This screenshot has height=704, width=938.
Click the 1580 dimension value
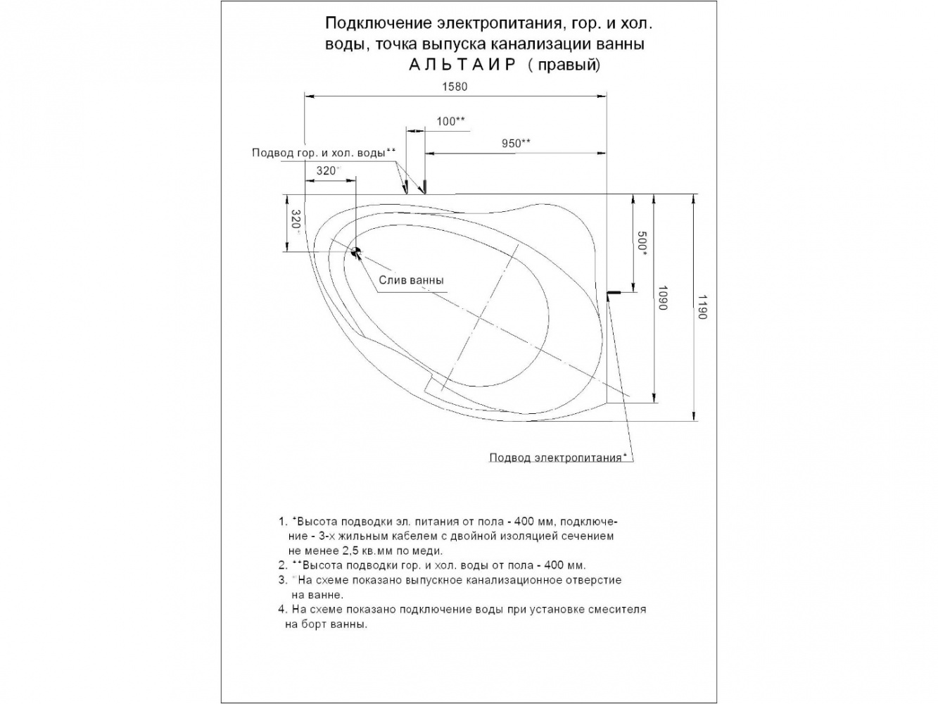pos(455,87)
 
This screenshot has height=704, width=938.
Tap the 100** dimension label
pos(450,121)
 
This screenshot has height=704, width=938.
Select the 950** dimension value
pos(516,143)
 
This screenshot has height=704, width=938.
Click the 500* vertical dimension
pos(642,242)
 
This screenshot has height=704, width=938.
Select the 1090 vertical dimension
pos(663,298)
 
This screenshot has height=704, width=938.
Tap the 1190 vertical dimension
pos(702,307)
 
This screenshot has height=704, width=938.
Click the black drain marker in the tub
pos(355,251)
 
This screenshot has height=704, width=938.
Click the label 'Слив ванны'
pos(411,280)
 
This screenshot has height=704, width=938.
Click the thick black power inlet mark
pos(614,292)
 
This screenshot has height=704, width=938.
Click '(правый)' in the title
pos(564,65)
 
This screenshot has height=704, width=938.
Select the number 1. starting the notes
pos(282,522)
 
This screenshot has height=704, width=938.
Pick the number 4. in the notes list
pos(282,610)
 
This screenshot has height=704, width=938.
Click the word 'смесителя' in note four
pos(621,610)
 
